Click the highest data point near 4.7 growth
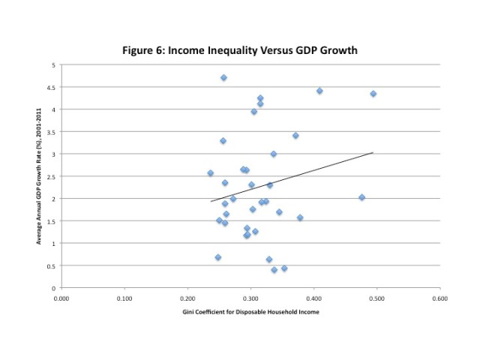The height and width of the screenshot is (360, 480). pos(223,78)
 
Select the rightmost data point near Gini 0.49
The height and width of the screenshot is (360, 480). pos(373,94)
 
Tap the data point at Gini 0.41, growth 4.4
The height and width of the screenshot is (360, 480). pos(319,91)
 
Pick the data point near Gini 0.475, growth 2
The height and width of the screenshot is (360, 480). pos(361,197)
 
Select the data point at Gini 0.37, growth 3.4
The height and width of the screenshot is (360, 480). pos(295,136)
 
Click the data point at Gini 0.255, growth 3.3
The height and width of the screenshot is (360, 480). pos(223,141)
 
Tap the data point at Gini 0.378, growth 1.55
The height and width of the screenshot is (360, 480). pos(300,217)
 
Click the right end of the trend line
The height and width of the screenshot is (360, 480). pos(373,153)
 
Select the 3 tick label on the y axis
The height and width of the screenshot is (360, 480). pos(54,154)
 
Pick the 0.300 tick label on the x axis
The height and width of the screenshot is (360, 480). pos(250,298)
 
